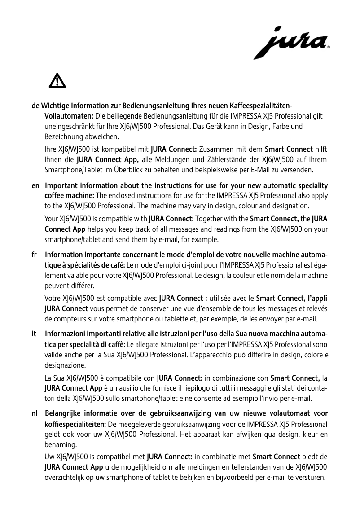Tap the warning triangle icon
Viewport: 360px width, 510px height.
click(57, 80)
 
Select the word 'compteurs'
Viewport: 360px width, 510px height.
click(71, 320)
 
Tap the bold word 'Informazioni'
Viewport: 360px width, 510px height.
click(67, 334)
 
